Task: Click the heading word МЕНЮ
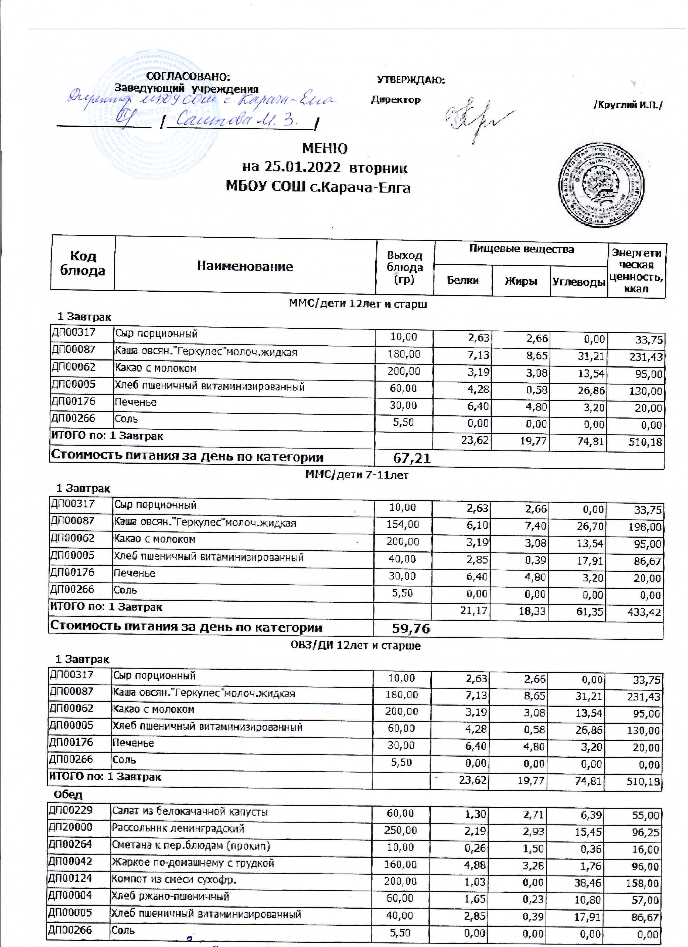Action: pos(325,149)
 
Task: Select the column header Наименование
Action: pos(245,267)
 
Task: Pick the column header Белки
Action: pos(463,281)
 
